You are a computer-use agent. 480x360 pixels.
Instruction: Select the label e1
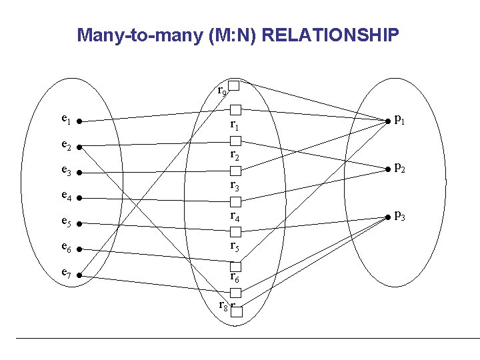click(x=65, y=120)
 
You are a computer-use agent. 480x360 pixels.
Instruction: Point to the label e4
click(x=65, y=197)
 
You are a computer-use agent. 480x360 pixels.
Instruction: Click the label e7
click(x=65, y=273)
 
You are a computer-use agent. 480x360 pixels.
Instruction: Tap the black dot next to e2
click(x=79, y=147)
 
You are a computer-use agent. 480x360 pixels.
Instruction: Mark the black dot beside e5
click(x=79, y=224)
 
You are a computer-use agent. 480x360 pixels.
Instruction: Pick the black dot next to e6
click(x=79, y=249)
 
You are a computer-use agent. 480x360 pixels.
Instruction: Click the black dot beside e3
click(x=79, y=173)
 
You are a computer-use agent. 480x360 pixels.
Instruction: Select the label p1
click(x=400, y=120)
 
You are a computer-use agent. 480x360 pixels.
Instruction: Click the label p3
click(x=400, y=215)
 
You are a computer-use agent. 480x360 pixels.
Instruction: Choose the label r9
click(x=223, y=90)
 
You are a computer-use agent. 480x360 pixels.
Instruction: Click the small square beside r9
click(x=234, y=85)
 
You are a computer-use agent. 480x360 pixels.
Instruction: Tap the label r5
click(x=235, y=246)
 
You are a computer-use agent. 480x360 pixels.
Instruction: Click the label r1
click(x=235, y=125)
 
